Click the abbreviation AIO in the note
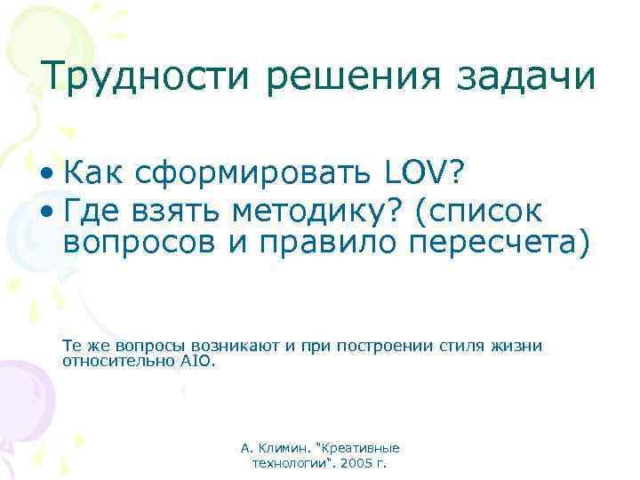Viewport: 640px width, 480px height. [x=200, y=361]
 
